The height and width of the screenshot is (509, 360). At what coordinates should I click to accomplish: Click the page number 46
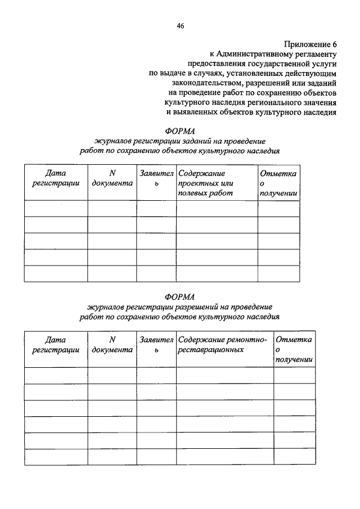tap(180, 25)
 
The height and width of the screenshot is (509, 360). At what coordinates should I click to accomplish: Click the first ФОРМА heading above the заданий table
tap(179, 130)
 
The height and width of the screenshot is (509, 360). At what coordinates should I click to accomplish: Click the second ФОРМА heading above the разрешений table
tap(179, 297)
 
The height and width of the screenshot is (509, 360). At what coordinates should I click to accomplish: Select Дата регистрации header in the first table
tap(56, 178)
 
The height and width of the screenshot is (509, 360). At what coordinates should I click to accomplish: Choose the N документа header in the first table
tap(112, 178)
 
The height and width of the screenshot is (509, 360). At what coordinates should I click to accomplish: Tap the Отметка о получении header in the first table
tap(278, 183)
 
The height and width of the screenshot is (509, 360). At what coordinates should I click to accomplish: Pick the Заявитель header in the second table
tap(156, 345)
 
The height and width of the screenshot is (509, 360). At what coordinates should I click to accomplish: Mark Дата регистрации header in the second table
tap(56, 345)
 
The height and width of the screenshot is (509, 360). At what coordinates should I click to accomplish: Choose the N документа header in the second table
tap(112, 345)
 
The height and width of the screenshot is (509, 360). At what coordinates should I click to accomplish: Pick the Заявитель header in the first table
tap(156, 178)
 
